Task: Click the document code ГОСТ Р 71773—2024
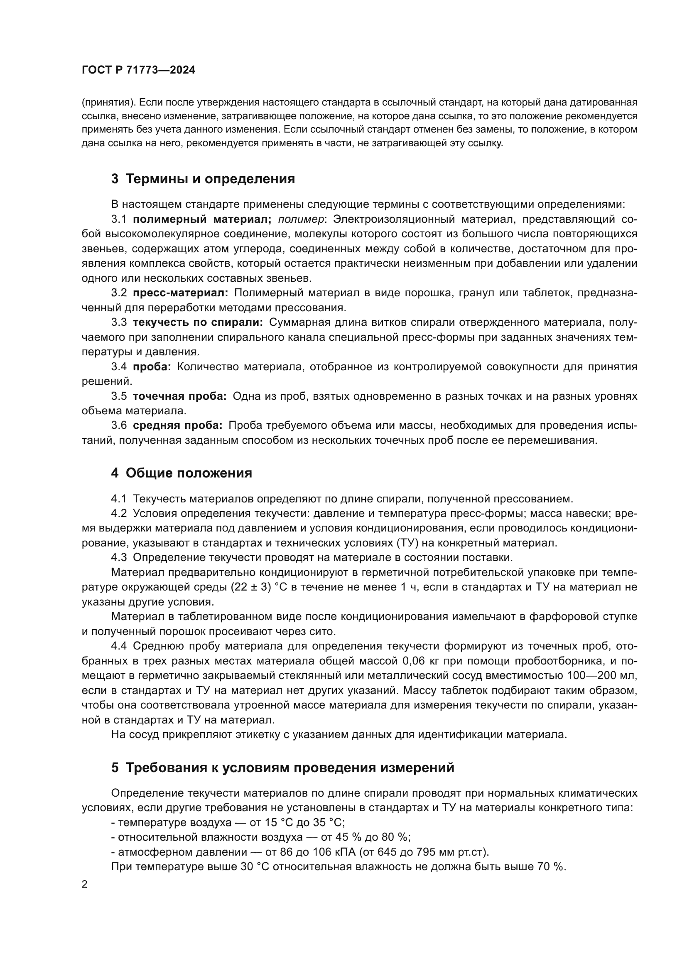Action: click(x=138, y=70)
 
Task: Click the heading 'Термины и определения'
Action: click(x=210, y=179)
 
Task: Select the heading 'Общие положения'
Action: click(x=189, y=473)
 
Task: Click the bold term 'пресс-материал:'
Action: click(x=180, y=293)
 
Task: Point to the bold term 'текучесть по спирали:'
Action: click(x=198, y=322)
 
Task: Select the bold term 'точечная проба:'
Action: click(x=179, y=396)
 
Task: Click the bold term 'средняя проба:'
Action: click(x=177, y=426)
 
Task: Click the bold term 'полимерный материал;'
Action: click(x=202, y=219)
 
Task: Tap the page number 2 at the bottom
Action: click(x=85, y=885)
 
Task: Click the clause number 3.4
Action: click(x=119, y=367)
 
